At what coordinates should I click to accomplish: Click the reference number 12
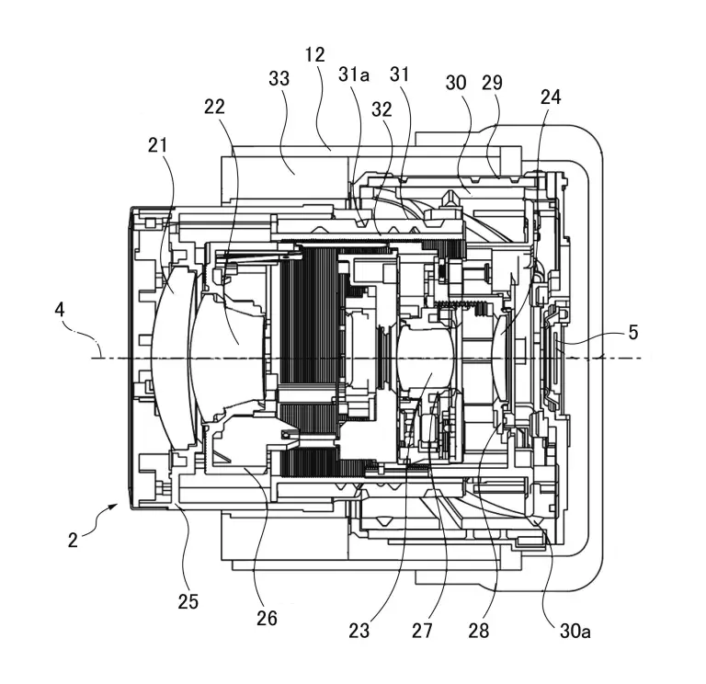(x=315, y=54)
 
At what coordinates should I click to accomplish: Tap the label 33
(x=279, y=79)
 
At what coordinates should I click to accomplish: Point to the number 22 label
(x=214, y=107)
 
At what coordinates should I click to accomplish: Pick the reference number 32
(x=382, y=108)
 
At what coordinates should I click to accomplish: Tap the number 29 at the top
(x=493, y=82)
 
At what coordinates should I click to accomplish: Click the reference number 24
(x=551, y=97)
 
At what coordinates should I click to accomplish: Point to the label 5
(x=633, y=334)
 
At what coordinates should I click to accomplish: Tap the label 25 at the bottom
(x=188, y=602)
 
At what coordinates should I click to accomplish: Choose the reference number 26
(x=267, y=619)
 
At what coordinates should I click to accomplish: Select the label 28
(x=478, y=631)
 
